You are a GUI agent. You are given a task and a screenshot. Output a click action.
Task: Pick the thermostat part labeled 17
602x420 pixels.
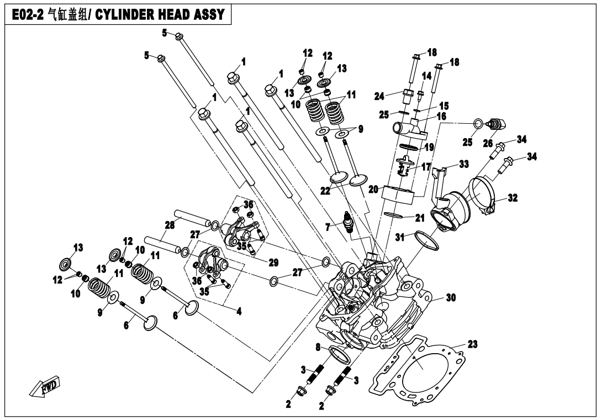click(x=408, y=166)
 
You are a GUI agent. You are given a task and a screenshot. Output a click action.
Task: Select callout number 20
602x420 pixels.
click(x=373, y=190)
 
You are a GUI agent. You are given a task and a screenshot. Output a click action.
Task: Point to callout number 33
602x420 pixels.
click(x=463, y=164)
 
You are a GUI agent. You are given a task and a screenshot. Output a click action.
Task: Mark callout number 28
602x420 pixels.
click(x=169, y=225)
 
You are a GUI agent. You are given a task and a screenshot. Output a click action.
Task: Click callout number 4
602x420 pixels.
click(x=239, y=311)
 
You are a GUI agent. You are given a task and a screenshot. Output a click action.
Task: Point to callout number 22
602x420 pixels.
click(x=326, y=191)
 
